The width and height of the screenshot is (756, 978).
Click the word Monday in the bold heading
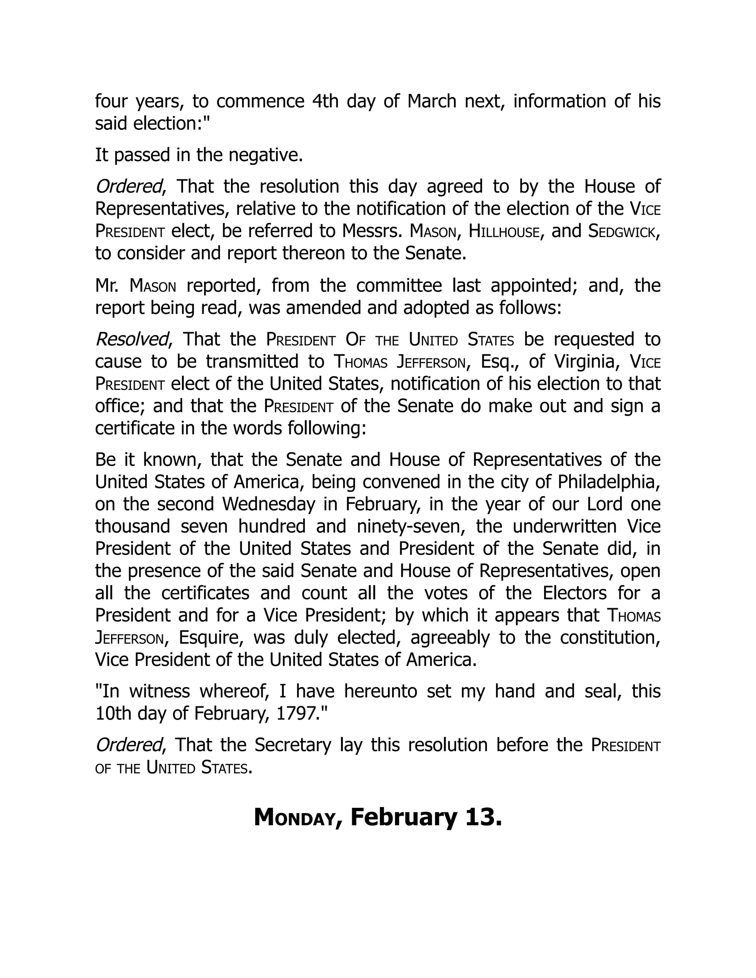pyautogui.click(x=294, y=817)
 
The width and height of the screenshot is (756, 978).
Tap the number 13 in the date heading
pyautogui.click(x=483, y=817)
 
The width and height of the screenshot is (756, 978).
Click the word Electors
pyautogui.click(x=575, y=593)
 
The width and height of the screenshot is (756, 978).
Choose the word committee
pyautogui.click(x=394, y=285)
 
